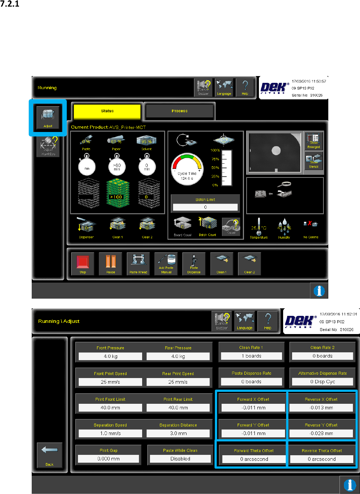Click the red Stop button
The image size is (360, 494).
pyautogui.click(x=82, y=264)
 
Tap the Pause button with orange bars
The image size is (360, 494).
pyautogui.click(x=110, y=264)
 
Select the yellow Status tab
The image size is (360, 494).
pyautogui.click(x=107, y=111)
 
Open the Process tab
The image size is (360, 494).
pyautogui.click(x=179, y=111)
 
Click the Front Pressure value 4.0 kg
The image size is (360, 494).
pyautogui.click(x=110, y=356)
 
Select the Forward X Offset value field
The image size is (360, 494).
pyautogui.click(x=254, y=408)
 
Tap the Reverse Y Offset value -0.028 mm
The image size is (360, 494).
pyautogui.click(x=321, y=434)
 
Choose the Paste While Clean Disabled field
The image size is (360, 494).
pyautogui.click(x=180, y=459)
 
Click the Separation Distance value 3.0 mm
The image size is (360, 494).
pyautogui.click(x=178, y=434)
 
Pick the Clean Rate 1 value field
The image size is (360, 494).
pyautogui.click(x=251, y=356)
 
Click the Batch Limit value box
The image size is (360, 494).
pyautogui.click(x=205, y=207)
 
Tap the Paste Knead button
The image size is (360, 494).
pyautogui.click(x=138, y=264)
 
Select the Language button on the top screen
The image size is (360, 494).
pyautogui.click(x=224, y=88)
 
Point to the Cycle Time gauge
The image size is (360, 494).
pyautogui.click(x=187, y=170)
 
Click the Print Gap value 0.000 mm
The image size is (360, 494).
pyautogui.click(x=109, y=459)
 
